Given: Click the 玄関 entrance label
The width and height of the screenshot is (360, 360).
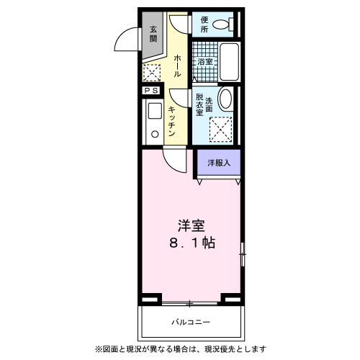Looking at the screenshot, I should pyautogui.click(x=153, y=34).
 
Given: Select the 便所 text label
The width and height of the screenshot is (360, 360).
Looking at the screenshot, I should pyautogui.click(x=204, y=25).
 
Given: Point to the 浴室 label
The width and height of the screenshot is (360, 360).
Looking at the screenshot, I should pyautogui.click(x=205, y=62).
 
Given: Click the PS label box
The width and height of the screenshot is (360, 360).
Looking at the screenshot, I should pyautogui.click(x=151, y=91).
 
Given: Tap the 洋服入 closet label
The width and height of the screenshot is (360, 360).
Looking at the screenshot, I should pyautogui.click(x=219, y=163).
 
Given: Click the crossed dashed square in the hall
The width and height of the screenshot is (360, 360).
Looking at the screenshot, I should pyautogui.click(x=151, y=73).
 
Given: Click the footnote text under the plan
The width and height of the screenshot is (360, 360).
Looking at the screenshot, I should pyautogui.click(x=180, y=349).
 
